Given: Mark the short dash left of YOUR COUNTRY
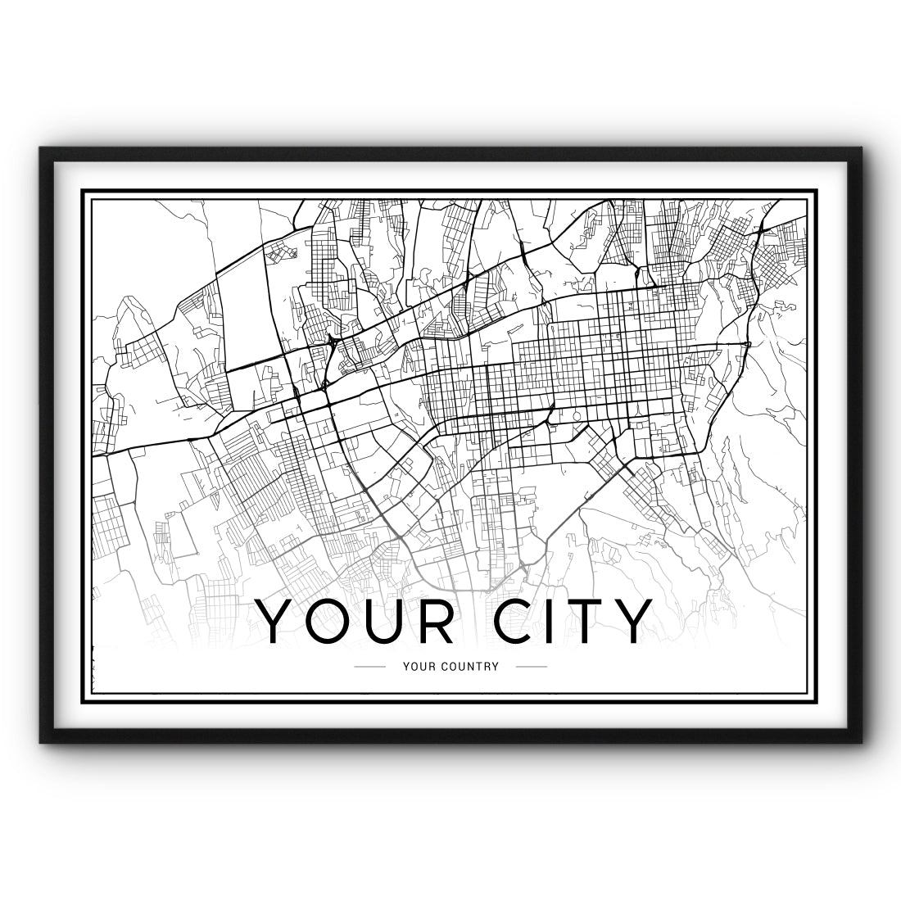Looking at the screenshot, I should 369,666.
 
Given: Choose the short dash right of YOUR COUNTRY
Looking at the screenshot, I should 532,666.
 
